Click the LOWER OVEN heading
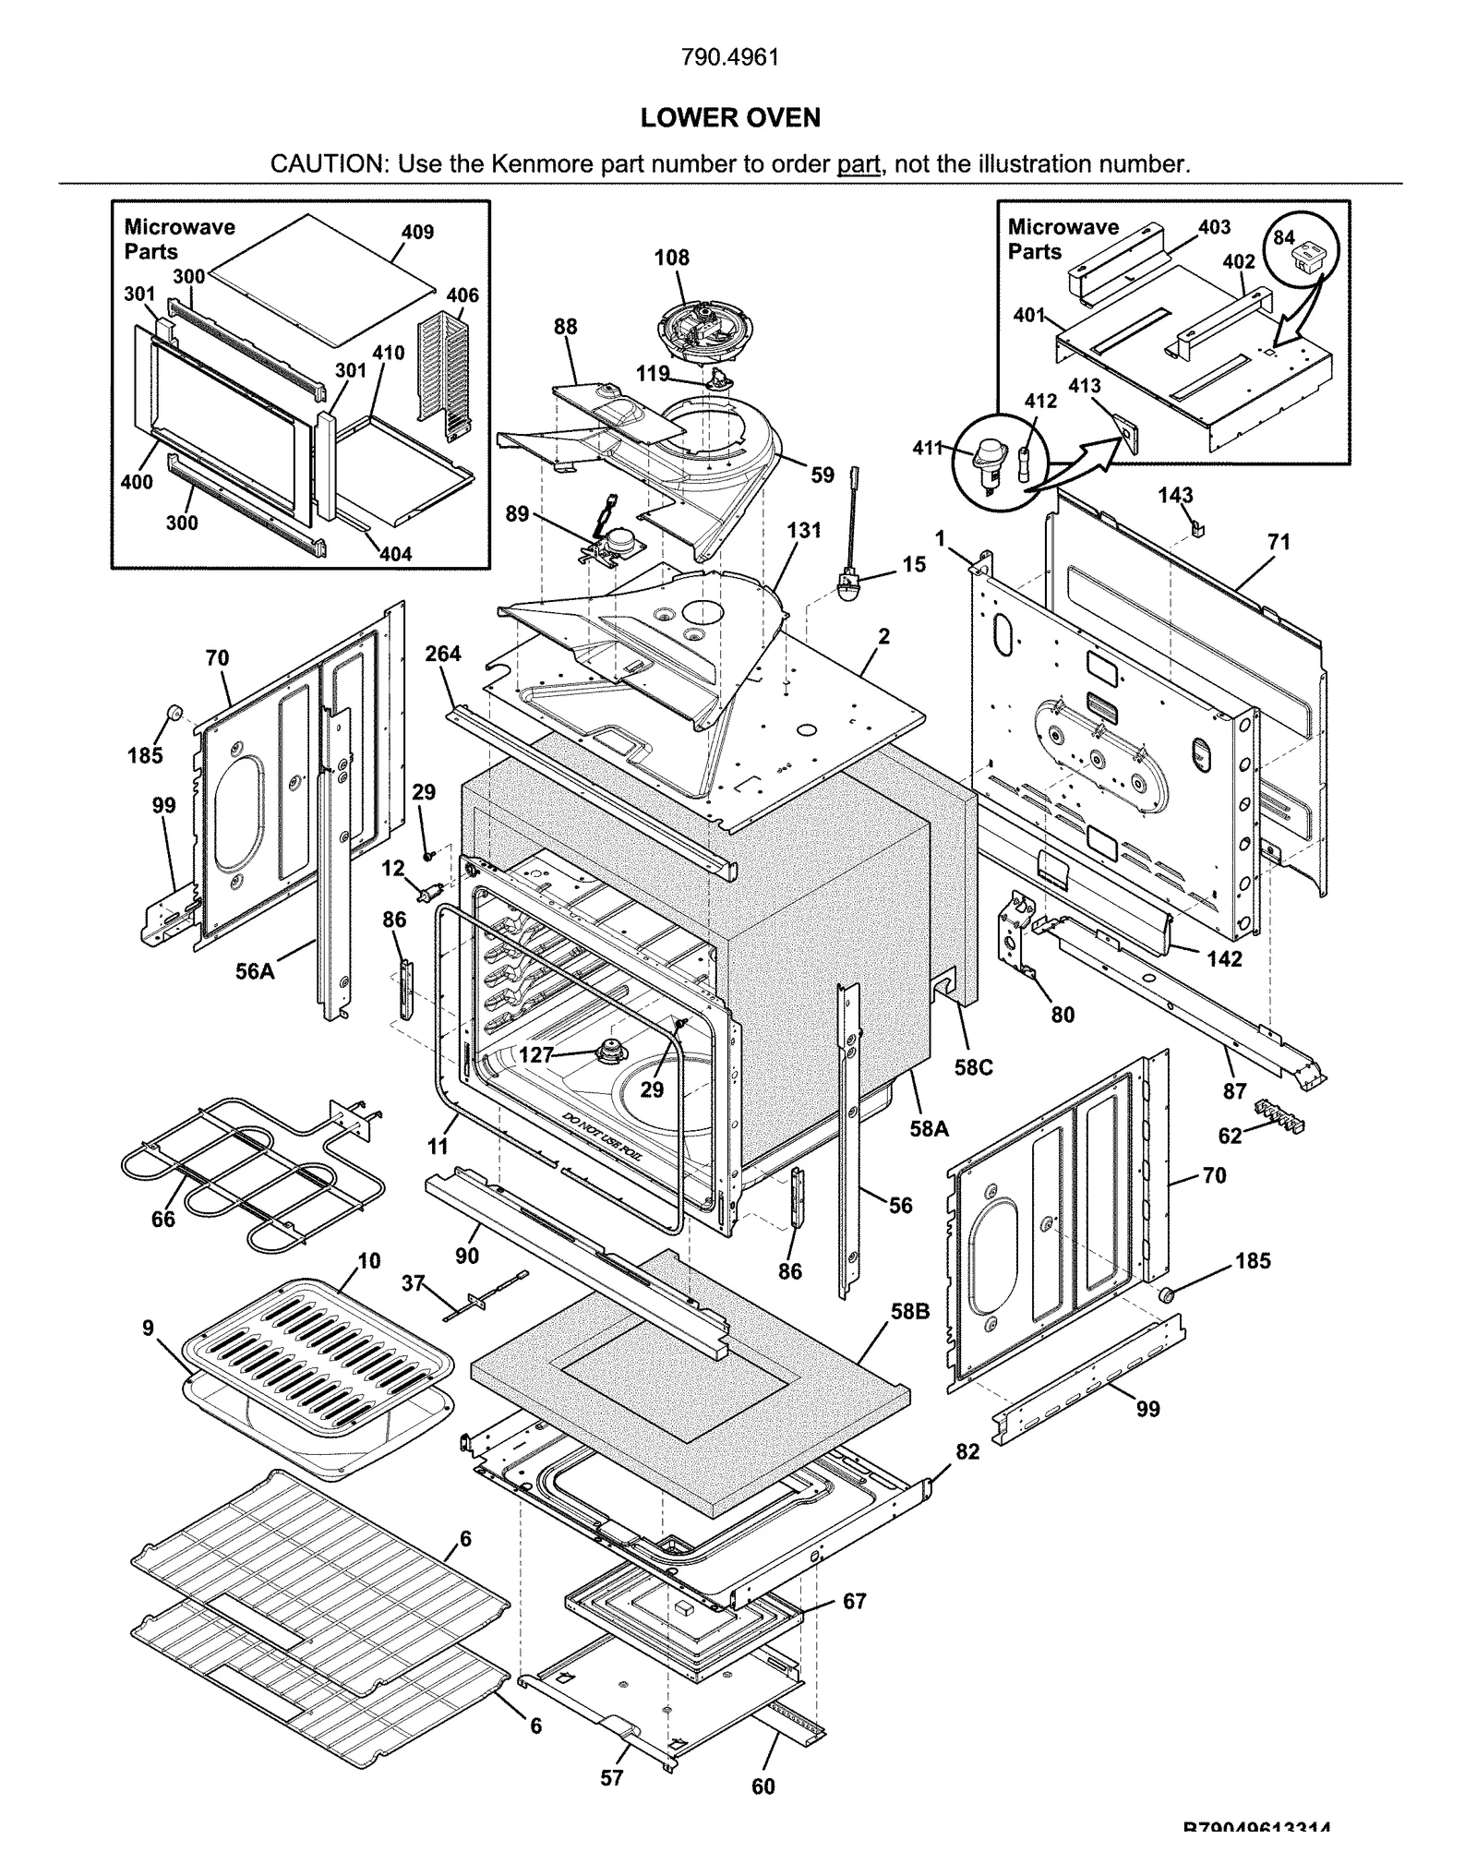coord(729,118)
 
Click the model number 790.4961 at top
coord(729,57)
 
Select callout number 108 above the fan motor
coord(671,258)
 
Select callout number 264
coord(443,654)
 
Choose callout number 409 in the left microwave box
coord(417,232)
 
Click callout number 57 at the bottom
coord(611,1776)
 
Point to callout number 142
coord(1224,958)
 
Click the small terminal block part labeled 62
coord(1279,1113)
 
